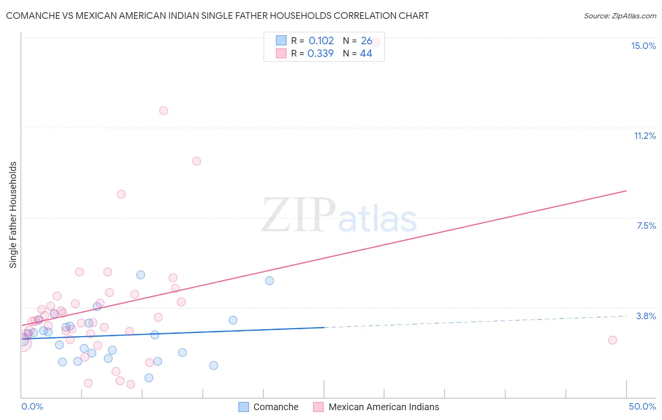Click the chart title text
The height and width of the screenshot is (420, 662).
[x=217, y=16]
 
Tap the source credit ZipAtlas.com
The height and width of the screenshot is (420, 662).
[x=620, y=16]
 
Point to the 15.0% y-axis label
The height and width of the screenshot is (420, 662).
[x=643, y=46]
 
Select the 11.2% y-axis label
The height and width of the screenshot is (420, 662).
[x=645, y=136]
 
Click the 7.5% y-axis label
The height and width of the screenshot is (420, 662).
[x=646, y=226]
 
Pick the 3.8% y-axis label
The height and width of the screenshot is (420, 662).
[x=646, y=316]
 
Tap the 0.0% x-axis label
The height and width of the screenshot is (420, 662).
[x=32, y=406]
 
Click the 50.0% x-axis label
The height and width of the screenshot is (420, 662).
[x=642, y=406]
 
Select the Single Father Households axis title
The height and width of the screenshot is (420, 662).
[x=13, y=215]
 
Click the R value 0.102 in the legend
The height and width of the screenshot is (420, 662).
[x=321, y=41]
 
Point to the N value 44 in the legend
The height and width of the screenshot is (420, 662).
[x=366, y=54]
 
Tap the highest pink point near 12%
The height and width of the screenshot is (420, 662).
[x=163, y=111]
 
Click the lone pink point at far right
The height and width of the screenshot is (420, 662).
[x=613, y=340]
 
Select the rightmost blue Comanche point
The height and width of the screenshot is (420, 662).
[x=269, y=281]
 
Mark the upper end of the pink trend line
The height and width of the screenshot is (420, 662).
[x=626, y=191]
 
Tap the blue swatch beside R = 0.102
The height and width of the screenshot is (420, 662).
[x=281, y=40]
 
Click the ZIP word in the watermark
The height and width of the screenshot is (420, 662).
[x=299, y=215]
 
